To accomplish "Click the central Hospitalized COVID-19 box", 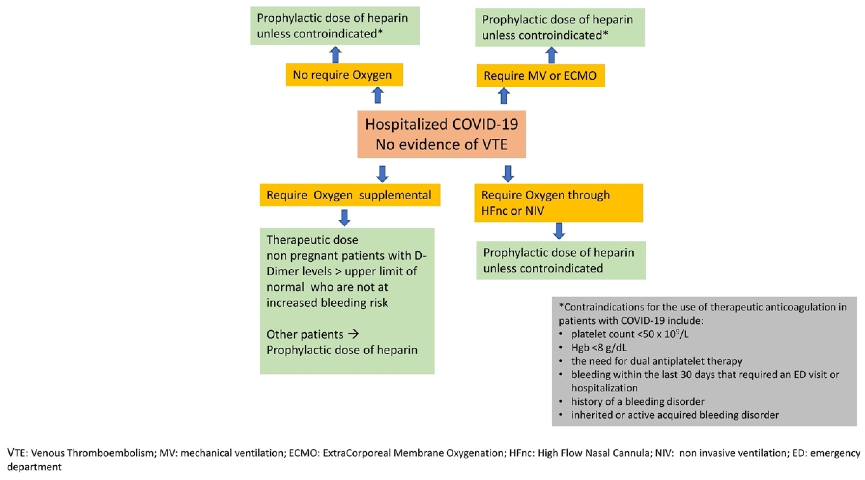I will (x=441, y=134).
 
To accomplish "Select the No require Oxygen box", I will (x=344, y=75).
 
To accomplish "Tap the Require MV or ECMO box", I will (x=540, y=76).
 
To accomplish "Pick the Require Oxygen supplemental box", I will (x=350, y=195).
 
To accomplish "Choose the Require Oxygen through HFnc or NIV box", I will (x=558, y=203).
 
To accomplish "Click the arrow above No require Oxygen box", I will (x=335, y=54).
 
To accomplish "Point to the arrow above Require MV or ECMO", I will (x=551, y=55).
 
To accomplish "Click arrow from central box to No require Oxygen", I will (x=378, y=95).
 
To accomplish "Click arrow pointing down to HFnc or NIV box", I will (x=508, y=174).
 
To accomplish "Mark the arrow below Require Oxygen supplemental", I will (x=344, y=218).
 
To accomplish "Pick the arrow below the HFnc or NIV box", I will (x=559, y=231).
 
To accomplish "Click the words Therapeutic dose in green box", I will (x=312, y=240).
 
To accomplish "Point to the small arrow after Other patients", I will (x=353, y=334).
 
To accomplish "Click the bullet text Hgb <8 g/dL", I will (x=599, y=347).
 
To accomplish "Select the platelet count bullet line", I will (x=630, y=334).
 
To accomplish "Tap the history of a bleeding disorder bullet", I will (x=637, y=401).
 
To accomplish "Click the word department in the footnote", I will (x=34, y=467).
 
